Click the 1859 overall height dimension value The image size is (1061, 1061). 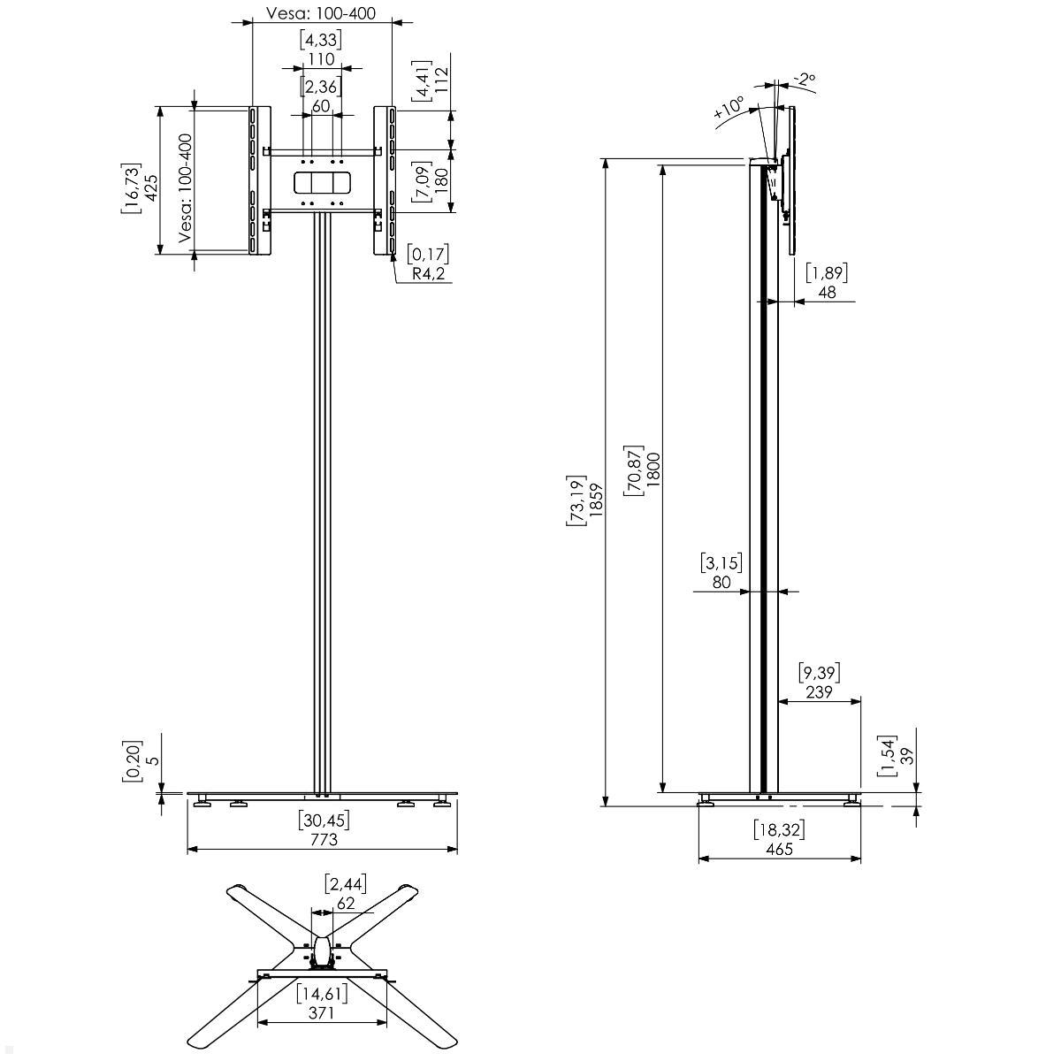596,500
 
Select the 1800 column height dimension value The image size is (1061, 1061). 653,469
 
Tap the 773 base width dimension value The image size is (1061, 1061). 324,840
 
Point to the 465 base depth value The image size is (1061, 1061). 779,849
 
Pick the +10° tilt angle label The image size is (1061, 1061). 729,107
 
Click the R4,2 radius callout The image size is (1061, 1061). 428,273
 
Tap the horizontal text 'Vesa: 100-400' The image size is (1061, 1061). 321,13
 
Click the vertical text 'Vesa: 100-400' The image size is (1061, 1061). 186,188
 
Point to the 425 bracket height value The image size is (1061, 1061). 150,187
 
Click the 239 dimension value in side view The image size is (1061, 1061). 819,692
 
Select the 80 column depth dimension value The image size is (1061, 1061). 721,582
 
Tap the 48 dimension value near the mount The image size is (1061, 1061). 827,293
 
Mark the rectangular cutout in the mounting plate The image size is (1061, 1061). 322,182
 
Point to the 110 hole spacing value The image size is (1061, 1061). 322,59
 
